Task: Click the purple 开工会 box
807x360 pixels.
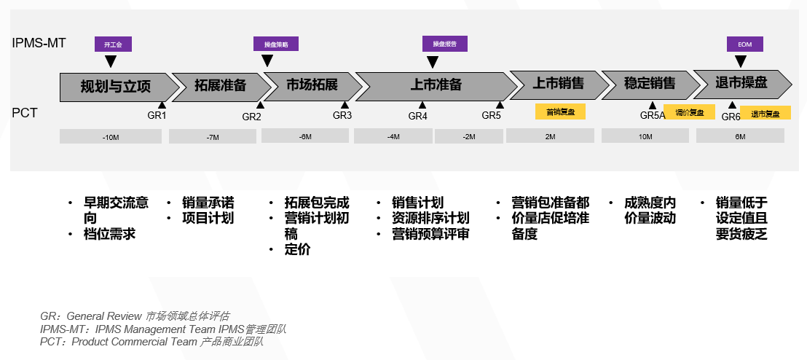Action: [x=113, y=44]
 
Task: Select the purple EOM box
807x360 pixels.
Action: [x=744, y=44]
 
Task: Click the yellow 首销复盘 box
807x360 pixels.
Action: [x=560, y=112]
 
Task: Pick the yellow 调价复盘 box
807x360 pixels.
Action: [x=689, y=113]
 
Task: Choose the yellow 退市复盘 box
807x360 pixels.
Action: [x=765, y=114]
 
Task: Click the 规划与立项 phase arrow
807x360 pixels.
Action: [x=117, y=87]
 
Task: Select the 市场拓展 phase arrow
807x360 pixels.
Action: [x=311, y=85]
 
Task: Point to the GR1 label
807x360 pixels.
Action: [x=157, y=115]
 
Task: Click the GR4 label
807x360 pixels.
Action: [x=417, y=116]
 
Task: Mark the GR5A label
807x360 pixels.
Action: [x=653, y=115]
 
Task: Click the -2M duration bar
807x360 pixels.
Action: [x=468, y=136]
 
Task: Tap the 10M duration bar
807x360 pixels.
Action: [x=645, y=136]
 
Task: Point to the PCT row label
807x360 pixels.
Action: [x=24, y=113]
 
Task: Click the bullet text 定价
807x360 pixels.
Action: [x=297, y=250]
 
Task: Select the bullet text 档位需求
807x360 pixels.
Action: [x=109, y=234]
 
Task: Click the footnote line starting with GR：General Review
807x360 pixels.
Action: [x=135, y=316]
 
